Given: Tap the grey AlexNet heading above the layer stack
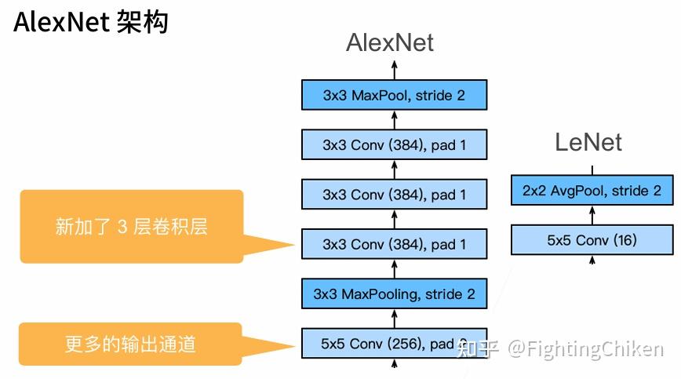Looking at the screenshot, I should click(x=390, y=43).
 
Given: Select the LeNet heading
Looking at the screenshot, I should click(x=588, y=142).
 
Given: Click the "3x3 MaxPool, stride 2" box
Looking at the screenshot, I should click(x=394, y=95).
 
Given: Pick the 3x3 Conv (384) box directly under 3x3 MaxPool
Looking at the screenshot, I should click(x=394, y=144).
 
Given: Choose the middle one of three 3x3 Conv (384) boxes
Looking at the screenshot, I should click(x=394, y=195).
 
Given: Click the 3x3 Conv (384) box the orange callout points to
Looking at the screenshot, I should click(x=394, y=244).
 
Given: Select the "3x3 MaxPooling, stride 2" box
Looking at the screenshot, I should click(x=394, y=294).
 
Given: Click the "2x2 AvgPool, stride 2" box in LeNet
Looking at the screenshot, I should click(x=592, y=191).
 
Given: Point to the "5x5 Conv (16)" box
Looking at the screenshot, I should click(x=592, y=240).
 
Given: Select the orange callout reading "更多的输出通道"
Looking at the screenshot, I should click(x=130, y=344).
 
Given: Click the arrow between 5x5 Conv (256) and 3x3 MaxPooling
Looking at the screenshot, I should click(x=394, y=319).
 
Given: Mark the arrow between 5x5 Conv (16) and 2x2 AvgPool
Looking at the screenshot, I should click(x=592, y=216).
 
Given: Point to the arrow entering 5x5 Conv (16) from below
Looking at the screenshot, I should click(x=592, y=262).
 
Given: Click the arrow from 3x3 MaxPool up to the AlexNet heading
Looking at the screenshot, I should click(x=394, y=69).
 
